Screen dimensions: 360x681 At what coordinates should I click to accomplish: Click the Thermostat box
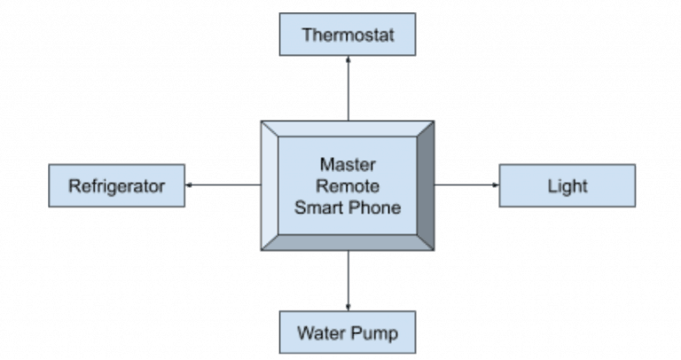point(347,35)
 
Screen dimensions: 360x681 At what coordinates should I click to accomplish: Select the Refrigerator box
point(117,186)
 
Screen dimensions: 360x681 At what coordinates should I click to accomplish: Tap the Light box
point(567,186)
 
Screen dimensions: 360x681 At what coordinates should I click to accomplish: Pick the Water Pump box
point(347,333)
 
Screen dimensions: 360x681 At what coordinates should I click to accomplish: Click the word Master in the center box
point(348,166)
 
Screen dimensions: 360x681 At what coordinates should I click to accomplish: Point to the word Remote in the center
point(348,186)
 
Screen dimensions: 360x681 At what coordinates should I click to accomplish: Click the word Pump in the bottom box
point(376,333)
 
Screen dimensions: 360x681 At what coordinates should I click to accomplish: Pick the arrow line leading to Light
point(466,185)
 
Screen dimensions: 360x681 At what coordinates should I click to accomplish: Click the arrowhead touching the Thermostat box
point(348,59)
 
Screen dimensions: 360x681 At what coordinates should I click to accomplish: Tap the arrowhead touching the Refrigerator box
point(190,185)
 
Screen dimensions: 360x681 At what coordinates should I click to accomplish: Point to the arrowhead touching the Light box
point(496,185)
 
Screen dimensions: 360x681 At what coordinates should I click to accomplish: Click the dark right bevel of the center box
point(425,185)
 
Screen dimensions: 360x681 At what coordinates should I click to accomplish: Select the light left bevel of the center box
point(270,185)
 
